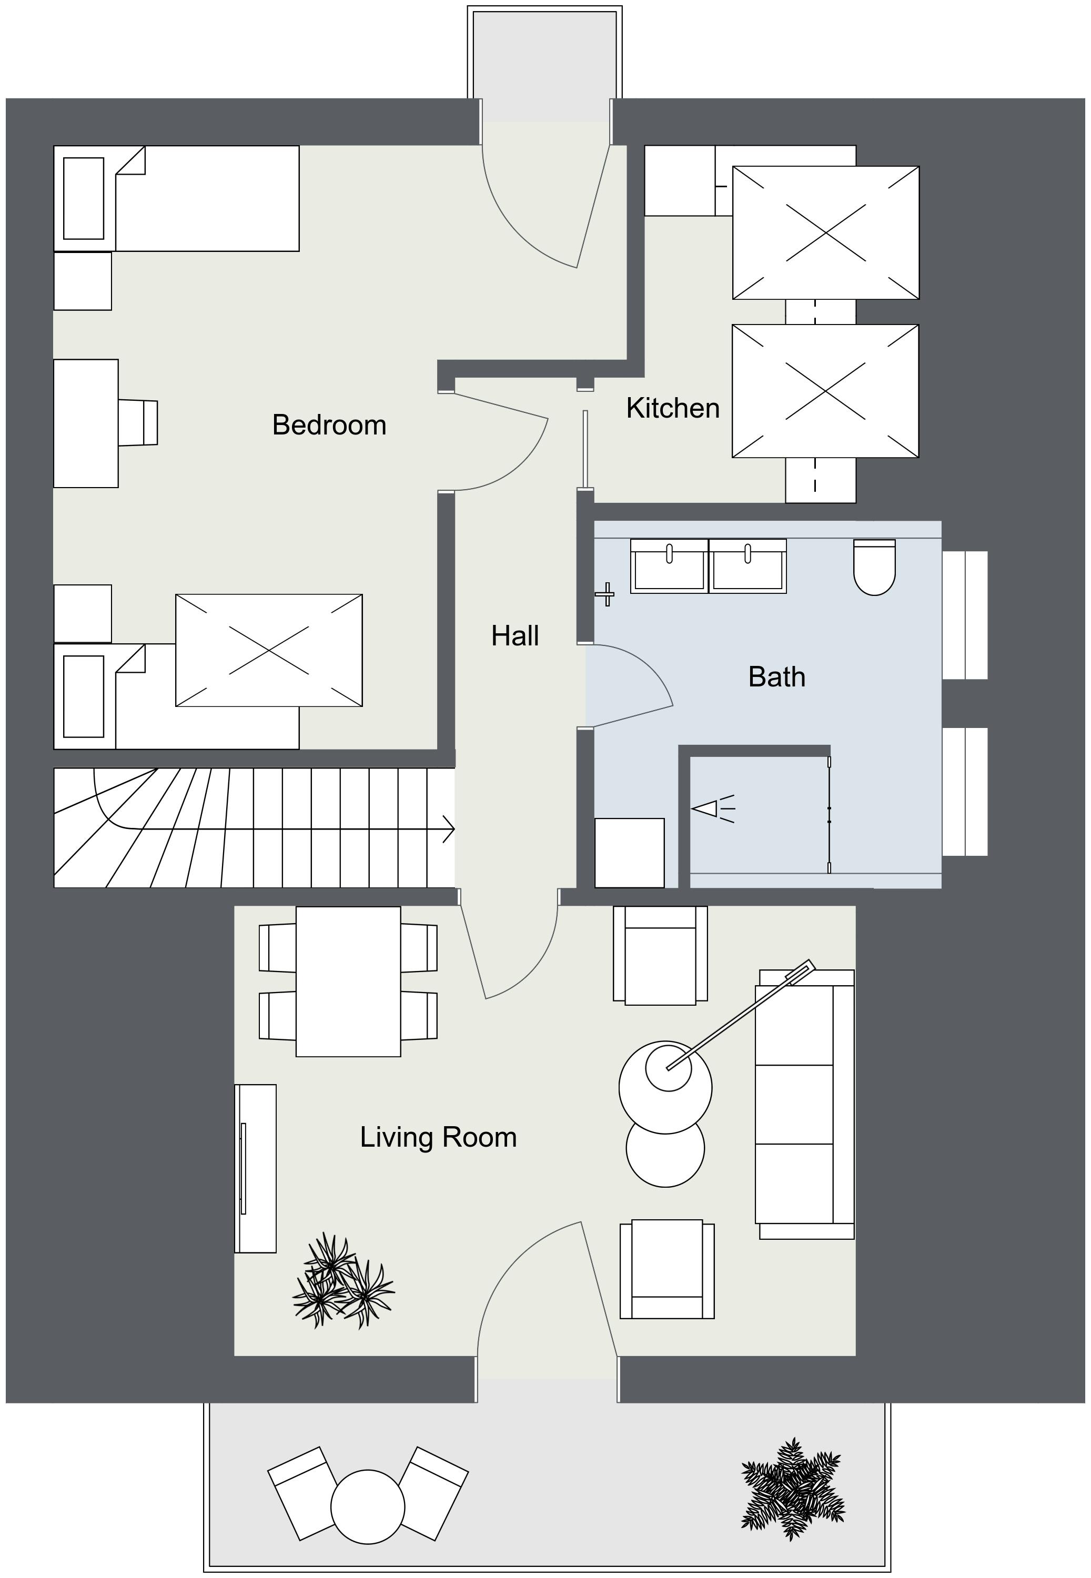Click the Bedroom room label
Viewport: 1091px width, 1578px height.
click(329, 425)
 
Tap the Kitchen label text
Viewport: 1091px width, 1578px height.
click(673, 408)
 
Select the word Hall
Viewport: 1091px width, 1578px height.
click(515, 636)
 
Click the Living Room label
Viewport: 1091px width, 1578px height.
click(438, 1137)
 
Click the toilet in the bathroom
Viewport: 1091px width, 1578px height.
click(874, 567)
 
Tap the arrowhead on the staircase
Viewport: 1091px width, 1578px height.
click(449, 829)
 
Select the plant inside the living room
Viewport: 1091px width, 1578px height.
click(342, 1281)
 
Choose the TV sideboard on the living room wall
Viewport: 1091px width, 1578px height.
click(256, 1169)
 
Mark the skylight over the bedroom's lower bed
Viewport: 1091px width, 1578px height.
click(269, 650)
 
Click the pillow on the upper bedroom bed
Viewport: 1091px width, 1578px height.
click(84, 198)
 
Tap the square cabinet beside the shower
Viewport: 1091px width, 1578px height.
click(629, 853)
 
